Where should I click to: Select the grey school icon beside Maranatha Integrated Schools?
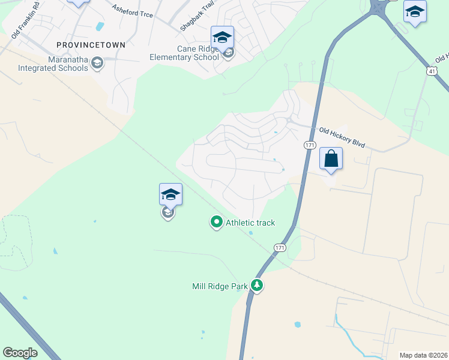tap(97, 62)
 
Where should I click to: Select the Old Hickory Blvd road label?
tap(342, 138)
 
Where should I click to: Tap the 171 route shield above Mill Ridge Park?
tap(280, 247)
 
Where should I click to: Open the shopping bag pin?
tap(331, 159)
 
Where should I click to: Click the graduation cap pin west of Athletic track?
tap(170, 194)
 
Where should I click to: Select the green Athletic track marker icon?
tap(216, 223)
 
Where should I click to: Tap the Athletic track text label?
tap(250, 223)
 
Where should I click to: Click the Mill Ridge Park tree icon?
tap(257, 285)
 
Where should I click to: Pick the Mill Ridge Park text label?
tap(220, 287)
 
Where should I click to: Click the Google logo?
tap(20, 352)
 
